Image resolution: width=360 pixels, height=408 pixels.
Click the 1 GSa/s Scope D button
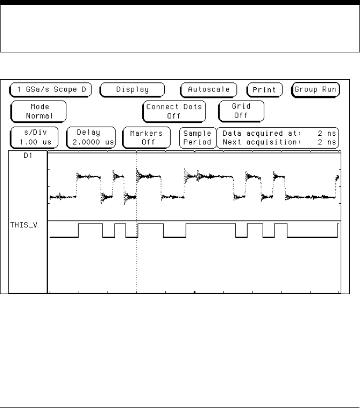(x=51, y=89)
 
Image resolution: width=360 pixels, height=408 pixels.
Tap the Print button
(x=264, y=90)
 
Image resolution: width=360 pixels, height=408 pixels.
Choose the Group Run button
(x=316, y=89)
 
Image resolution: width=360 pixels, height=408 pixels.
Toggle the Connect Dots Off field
(x=174, y=111)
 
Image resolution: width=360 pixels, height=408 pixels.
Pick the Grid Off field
(x=241, y=111)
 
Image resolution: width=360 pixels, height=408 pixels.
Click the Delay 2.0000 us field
(x=92, y=138)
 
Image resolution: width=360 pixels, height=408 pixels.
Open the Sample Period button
(x=197, y=138)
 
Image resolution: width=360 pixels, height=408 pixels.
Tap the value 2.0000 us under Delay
(x=92, y=142)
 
